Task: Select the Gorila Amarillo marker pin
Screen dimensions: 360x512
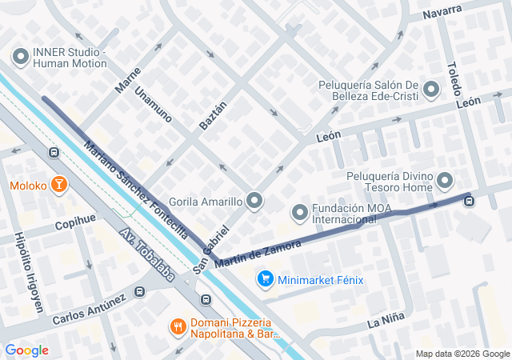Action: pyautogui.click(x=254, y=200)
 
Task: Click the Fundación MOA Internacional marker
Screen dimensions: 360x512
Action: pyautogui.click(x=300, y=212)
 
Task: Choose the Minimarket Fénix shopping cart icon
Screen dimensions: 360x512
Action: pyautogui.click(x=265, y=279)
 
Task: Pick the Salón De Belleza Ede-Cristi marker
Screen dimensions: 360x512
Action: pyautogui.click(x=432, y=90)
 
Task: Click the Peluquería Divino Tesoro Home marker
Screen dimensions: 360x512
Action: pyautogui.click(x=446, y=182)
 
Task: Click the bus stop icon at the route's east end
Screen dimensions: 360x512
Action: pyautogui.click(x=469, y=200)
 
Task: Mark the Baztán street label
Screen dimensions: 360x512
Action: pyautogui.click(x=213, y=116)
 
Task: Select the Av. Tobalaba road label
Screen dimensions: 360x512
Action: pyautogui.click(x=147, y=258)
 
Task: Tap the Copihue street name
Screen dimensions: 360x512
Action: pyautogui.click(x=75, y=222)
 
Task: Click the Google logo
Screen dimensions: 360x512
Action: pyautogui.click(x=26, y=350)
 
